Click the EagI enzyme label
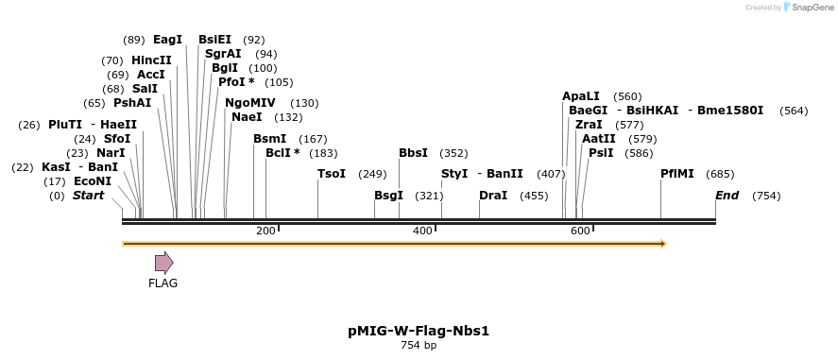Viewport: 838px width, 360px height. [x=167, y=40]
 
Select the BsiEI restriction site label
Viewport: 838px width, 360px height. [x=214, y=40]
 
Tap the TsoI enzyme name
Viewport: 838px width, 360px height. [x=332, y=174]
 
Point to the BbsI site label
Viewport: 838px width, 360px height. [x=413, y=153]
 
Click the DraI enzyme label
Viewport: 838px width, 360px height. [x=493, y=196]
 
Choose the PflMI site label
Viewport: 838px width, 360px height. [x=677, y=174]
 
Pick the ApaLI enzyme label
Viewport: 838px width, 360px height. [x=581, y=96]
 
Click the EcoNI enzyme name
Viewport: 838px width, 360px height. [x=92, y=181]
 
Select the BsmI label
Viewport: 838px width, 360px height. [x=269, y=139]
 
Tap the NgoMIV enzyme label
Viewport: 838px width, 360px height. [x=250, y=103]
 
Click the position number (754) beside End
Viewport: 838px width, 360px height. [x=766, y=196]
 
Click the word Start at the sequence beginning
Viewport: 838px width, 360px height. [x=89, y=196]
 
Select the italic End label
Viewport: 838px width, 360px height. [x=727, y=196]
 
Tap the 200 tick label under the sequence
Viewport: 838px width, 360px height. [x=265, y=231]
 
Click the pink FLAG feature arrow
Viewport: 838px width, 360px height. [x=163, y=263]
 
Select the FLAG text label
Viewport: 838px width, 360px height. [x=162, y=283]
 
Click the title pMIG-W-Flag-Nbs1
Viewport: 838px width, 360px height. [x=419, y=331]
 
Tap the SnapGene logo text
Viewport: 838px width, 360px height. [x=812, y=8]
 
